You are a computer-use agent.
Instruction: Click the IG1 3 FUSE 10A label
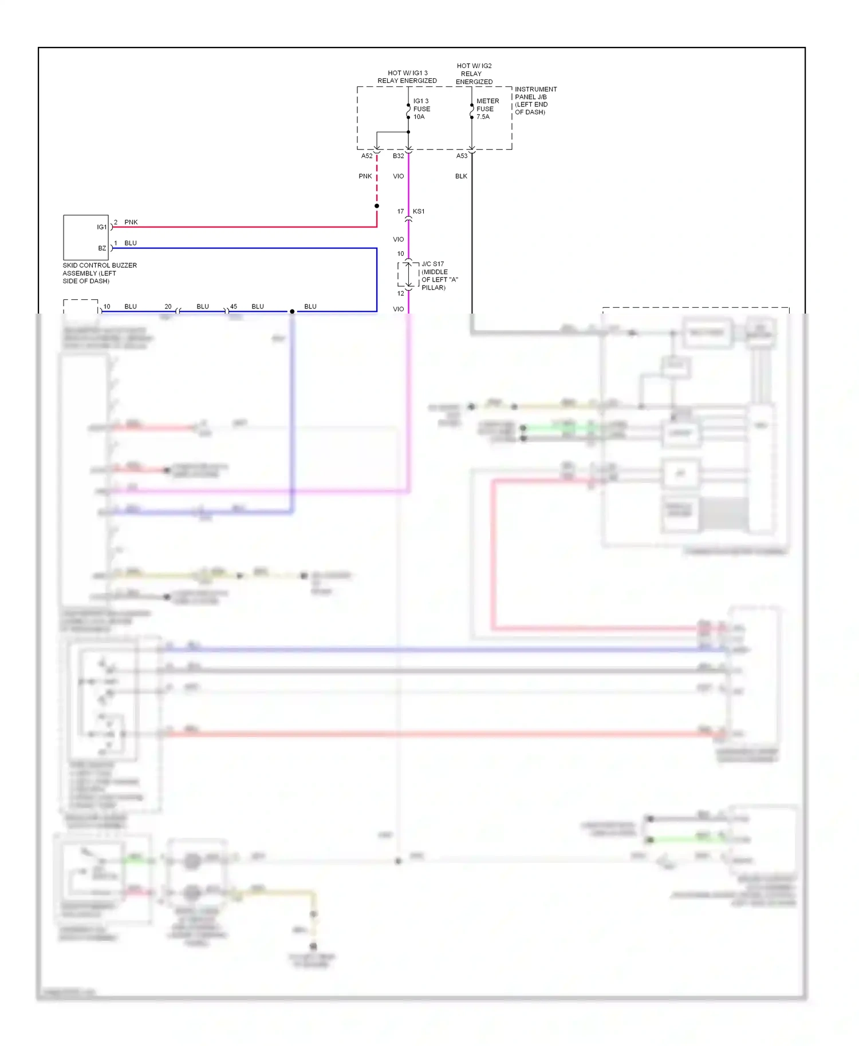tap(421, 109)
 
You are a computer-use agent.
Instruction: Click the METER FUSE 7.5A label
tap(487, 109)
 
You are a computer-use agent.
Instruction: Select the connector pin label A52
tap(367, 156)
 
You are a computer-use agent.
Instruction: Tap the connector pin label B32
tap(398, 156)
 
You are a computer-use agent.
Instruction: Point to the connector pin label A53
tap(462, 156)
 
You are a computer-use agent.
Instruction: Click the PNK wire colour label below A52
tap(365, 176)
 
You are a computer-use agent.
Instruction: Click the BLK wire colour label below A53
tap(461, 176)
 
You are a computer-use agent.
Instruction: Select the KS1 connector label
tap(419, 211)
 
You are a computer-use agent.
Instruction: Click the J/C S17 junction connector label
tap(439, 276)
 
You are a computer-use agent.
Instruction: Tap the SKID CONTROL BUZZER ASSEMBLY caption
tap(99, 273)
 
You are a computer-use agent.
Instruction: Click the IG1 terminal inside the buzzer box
tap(101, 227)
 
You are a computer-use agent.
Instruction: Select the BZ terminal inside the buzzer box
tap(102, 248)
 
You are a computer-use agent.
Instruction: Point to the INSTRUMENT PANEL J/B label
tap(535, 101)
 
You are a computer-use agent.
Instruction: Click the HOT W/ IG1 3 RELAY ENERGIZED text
tap(407, 77)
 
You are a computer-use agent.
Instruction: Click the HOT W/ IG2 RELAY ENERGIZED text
tap(474, 74)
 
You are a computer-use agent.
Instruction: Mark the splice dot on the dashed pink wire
tap(377, 206)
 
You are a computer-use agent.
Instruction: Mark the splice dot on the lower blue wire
tap(292, 311)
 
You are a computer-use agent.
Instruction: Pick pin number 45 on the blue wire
tap(233, 307)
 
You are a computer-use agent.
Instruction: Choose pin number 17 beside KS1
tap(400, 211)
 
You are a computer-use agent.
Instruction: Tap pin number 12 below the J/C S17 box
tap(400, 293)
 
